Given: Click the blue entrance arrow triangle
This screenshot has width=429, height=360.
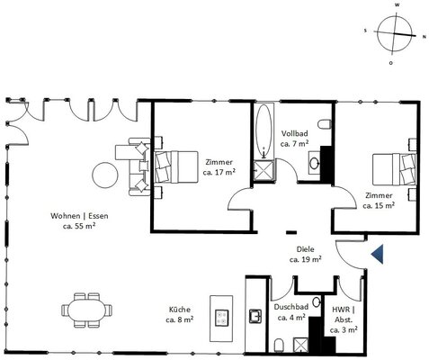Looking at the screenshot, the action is click(x=379, y=254).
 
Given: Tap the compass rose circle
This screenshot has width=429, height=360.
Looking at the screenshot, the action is click(x=377, y=33).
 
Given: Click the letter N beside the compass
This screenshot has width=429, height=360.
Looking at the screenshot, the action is click(x=424, y=37).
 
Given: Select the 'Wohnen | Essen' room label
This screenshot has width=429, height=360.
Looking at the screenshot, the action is click(x=79, y=216).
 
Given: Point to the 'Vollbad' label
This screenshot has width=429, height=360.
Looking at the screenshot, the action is click(x=294, y=133).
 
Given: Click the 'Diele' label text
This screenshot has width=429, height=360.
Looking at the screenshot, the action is click(x=305, y=249).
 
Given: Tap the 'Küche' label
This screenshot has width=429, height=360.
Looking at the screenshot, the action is click(x=180, y=310).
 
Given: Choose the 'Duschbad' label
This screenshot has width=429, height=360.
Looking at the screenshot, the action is click(x=291, y=307).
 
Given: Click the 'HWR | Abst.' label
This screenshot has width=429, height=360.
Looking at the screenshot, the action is click(x=344, y=314).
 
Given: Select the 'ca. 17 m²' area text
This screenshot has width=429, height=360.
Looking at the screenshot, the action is click(x=219, y=173).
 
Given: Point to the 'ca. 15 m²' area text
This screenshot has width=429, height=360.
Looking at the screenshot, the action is click(x=379, y=205).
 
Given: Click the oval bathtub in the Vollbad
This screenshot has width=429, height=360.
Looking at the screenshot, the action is click(x=264, y=130).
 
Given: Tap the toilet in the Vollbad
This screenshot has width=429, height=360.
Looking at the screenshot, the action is click(x=325, y=124).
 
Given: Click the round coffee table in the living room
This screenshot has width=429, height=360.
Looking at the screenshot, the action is click(x=105, y=175).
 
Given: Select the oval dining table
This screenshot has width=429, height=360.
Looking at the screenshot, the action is click(x=86, y=310).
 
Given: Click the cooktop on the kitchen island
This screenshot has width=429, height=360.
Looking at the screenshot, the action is click(x=222, y=318).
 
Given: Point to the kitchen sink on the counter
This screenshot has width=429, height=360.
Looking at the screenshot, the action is click(x=255, y=316).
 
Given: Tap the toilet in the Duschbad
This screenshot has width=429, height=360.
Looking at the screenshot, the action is click(x=279, y=346).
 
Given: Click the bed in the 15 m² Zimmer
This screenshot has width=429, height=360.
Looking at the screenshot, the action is click(x=394, y=169).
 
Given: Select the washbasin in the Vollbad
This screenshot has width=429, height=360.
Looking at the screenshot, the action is click(x=315, y=164).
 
